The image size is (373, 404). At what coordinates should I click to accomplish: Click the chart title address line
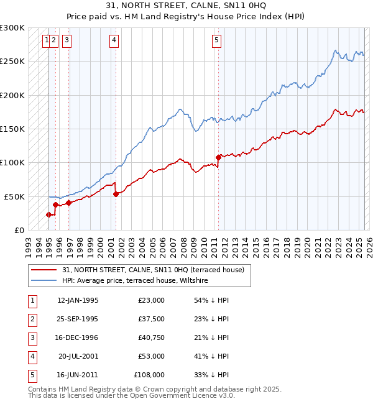click(186, 6)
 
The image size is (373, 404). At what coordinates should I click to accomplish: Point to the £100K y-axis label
click(12, 163)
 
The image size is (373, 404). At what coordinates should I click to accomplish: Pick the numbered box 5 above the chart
click(216, 41)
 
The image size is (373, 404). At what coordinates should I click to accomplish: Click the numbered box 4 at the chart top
click(114, 41)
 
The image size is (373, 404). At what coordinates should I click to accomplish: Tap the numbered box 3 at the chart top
click(67, 41)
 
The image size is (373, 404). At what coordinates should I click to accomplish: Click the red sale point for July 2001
click(116, 194)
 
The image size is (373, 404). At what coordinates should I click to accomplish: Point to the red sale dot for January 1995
click(48, 214)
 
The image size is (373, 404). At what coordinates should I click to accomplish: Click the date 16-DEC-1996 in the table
click(77, 337)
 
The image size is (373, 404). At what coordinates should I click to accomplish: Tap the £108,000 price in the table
click(149, 375)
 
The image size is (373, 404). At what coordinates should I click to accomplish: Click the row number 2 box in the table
click(32, 319)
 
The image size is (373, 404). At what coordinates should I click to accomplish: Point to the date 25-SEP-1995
click(77, 319)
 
